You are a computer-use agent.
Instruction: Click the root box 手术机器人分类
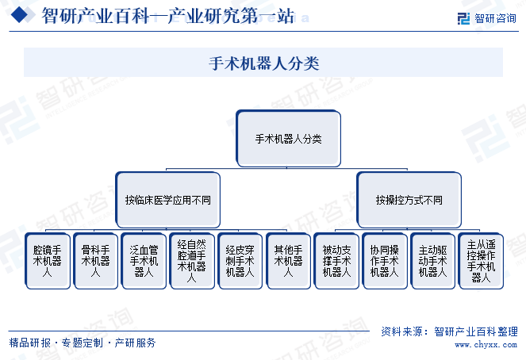[289, 139]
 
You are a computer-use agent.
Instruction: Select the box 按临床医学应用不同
[167, 200]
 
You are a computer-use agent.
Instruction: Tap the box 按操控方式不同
[409, 200]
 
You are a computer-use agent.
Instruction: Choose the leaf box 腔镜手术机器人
[48, 261]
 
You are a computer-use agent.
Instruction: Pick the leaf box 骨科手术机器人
[96, 261]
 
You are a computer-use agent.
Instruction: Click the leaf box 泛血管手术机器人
[144, 261]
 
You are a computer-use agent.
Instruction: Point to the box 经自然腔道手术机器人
[192, 261]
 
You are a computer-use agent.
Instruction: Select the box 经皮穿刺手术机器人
[240, 261]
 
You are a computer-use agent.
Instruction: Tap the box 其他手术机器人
[288, 261]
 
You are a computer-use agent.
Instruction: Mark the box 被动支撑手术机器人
[336, 261]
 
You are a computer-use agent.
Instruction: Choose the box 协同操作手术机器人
[385, 261]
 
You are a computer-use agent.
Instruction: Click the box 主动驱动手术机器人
[432, 261]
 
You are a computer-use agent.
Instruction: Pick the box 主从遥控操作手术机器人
[481, 261]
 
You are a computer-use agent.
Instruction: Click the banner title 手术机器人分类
[264, 63]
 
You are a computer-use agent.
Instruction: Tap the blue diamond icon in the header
[20, 15]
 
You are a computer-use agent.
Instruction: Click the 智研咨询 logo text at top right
[495, 18]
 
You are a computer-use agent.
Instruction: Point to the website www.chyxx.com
[486, 345]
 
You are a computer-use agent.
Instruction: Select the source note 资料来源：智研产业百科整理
[450, 331]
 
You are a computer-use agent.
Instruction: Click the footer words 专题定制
[83, 343]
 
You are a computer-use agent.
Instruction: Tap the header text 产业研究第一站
[231, 15]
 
